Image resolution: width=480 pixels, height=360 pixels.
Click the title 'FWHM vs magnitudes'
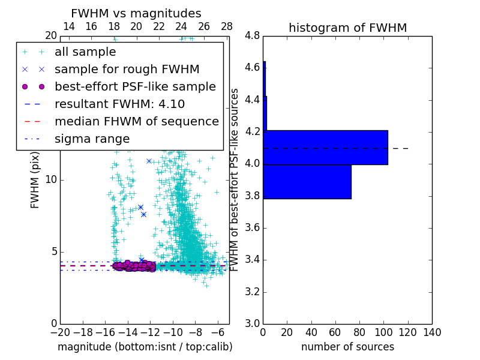click(x=136, y=14)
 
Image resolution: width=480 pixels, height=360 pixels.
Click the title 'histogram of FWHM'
click(x=347, y=28)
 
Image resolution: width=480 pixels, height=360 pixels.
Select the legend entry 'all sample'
click(x=85, y=52)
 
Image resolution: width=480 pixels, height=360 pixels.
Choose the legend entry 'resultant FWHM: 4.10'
click(x=119, y=104)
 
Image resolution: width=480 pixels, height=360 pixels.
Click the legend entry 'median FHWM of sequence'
click(x=136, y=121)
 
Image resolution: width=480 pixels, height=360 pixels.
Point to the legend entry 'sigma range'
click(x=92, y=139)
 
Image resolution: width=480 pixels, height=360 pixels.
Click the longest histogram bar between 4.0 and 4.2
click(x=325, y=147)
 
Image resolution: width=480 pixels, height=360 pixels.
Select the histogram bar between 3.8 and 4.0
click(x=307, y=181)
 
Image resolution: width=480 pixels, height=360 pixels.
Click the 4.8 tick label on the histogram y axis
click(x=252, y=35)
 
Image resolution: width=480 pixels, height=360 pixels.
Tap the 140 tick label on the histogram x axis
click(x=432, y=332)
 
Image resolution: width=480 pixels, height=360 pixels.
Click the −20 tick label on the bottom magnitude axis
click(x=60, y=332)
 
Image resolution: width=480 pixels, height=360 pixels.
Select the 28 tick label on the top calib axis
click(x=227, y=26)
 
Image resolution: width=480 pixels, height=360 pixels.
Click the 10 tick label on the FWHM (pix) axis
click(x=50, y=180)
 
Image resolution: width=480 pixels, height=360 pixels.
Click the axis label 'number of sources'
click(x=347, y=347)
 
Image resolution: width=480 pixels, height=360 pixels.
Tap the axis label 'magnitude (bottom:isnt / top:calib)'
click(x=145, y=347)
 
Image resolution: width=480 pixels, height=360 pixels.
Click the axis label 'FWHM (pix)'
click(x=35, y=180)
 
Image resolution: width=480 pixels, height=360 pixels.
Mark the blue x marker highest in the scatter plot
click(x=149, y=161)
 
